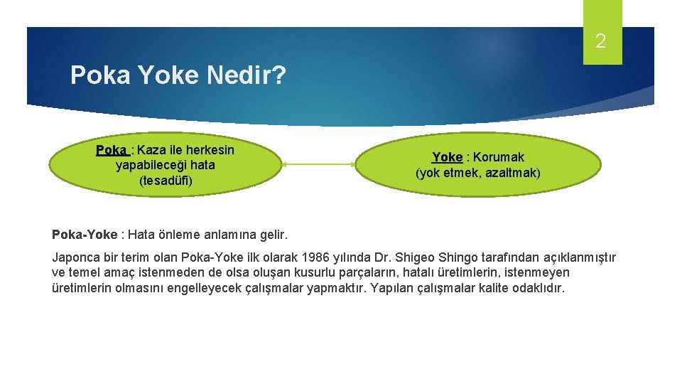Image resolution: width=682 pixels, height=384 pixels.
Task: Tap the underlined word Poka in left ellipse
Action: pos(110,150)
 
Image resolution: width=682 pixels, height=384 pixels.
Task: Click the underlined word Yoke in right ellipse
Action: pos(447,157)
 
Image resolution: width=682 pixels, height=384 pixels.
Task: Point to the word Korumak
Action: pos(499,157)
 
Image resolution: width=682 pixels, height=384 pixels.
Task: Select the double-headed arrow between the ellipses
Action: pos(319,164)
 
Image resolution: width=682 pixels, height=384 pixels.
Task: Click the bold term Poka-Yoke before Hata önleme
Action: pos(85,235)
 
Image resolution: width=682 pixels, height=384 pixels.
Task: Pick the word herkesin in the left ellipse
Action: pos(210,150)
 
